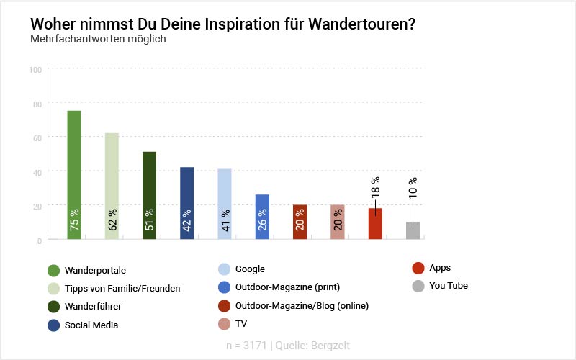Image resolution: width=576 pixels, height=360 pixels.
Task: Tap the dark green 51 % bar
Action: point(149,195)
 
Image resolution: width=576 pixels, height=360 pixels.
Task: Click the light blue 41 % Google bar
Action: point(225,204)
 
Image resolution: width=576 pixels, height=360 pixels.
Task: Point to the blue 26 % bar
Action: point(262,217)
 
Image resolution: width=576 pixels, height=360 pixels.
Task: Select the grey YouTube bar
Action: point(413,230)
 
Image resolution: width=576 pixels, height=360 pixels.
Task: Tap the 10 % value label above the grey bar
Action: point(413,187)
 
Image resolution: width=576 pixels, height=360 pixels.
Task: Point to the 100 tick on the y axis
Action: point(35,70)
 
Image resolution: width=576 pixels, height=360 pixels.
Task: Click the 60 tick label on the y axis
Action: point(36,138)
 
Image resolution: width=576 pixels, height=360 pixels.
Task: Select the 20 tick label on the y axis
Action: point(36,206)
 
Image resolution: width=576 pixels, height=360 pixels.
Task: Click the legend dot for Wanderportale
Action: point(53,271)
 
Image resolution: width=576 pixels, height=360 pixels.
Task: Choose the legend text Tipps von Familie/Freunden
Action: point(122,288)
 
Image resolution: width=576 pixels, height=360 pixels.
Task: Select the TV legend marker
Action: point(223,323)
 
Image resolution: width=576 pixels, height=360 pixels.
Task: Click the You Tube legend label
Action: point(449,286)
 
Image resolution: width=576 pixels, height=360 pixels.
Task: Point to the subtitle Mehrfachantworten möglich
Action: point(98,39)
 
